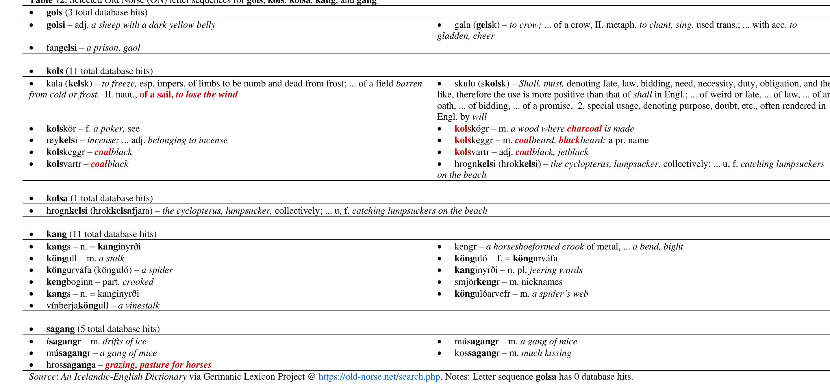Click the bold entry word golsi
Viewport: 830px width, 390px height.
[x=55, y=25]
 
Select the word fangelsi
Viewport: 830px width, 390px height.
[x=61, y=48]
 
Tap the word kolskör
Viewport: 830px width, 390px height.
[x=61, y=129]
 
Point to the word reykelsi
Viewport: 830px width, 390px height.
[x=62, y=140]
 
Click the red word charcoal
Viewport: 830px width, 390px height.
[x=584, y=129]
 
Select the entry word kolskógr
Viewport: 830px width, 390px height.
[x=471, y=129]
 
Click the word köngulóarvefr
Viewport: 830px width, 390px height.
[x=482, y=294]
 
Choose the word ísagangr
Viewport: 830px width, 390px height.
[x=64, y=341]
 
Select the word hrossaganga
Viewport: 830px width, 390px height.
[x=71, y=365]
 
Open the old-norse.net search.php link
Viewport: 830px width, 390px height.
[x=379, y=377]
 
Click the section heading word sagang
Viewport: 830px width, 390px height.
[x=60, y=329]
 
